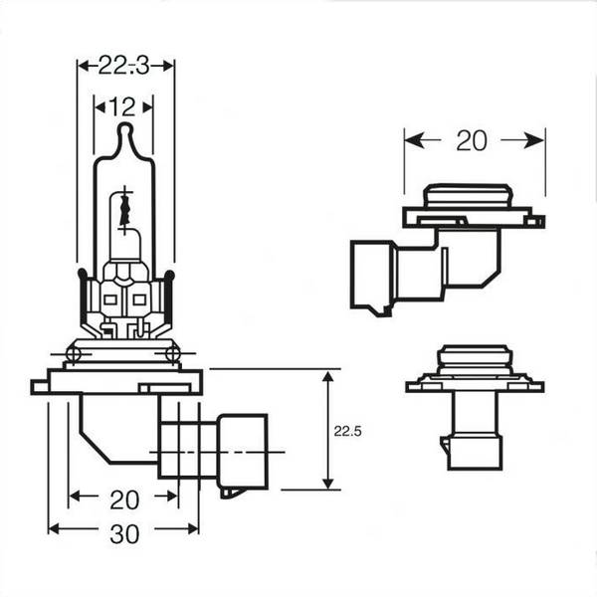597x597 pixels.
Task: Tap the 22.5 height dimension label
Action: [x=347, y=432]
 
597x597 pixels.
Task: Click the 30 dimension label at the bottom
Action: [x=124, y=534]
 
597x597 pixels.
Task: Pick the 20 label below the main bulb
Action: [x=124, y=499]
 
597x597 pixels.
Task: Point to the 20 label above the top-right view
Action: [x=472, y=140]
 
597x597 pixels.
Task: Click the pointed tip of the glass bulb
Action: [x=125, y=124]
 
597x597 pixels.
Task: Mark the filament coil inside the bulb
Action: [x=125, y=210]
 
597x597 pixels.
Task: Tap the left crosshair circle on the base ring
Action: [x=73, y=354]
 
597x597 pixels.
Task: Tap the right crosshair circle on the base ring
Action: [x=172, y=354]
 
